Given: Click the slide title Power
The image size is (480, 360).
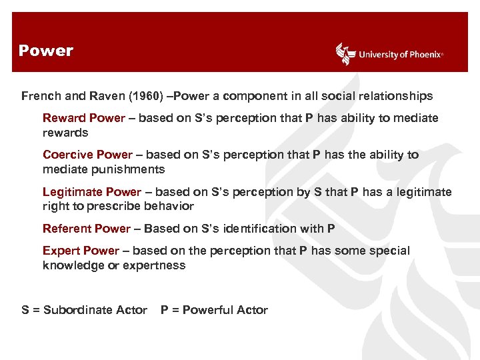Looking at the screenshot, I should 46,51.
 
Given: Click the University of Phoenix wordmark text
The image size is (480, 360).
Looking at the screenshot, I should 400,55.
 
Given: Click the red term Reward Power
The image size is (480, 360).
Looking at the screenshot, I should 84,118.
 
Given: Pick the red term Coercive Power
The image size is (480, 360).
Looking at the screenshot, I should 87,155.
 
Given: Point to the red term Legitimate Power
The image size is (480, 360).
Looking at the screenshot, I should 92,192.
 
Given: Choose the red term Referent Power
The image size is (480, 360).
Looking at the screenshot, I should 87,229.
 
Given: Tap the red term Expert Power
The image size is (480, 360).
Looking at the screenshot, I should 81,251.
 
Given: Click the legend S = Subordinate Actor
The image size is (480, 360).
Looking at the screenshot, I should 84,310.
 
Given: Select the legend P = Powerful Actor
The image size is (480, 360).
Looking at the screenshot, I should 214,310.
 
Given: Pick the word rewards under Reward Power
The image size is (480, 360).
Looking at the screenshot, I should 65,133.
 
